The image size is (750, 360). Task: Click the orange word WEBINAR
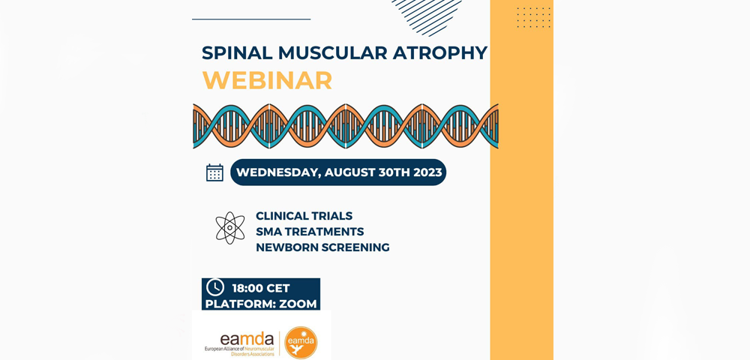[x=267, y=80]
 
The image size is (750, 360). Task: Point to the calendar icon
[x=214, y=172]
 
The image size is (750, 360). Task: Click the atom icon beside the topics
[x=229, y=228]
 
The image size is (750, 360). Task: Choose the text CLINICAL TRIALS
[x=304, y=215]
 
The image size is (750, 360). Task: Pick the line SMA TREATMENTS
[x=310, y=232]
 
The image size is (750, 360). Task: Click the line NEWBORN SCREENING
[x=322, y=247]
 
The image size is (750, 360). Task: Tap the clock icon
[x=215, y=286]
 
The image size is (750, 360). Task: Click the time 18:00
[x=245, y=288]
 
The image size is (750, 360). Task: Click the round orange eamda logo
[x=301, y=342]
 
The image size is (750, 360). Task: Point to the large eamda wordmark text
[x=247, y=340]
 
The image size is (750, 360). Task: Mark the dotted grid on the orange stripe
[x=534, y=17]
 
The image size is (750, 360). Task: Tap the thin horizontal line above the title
[x=251, y=19]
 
